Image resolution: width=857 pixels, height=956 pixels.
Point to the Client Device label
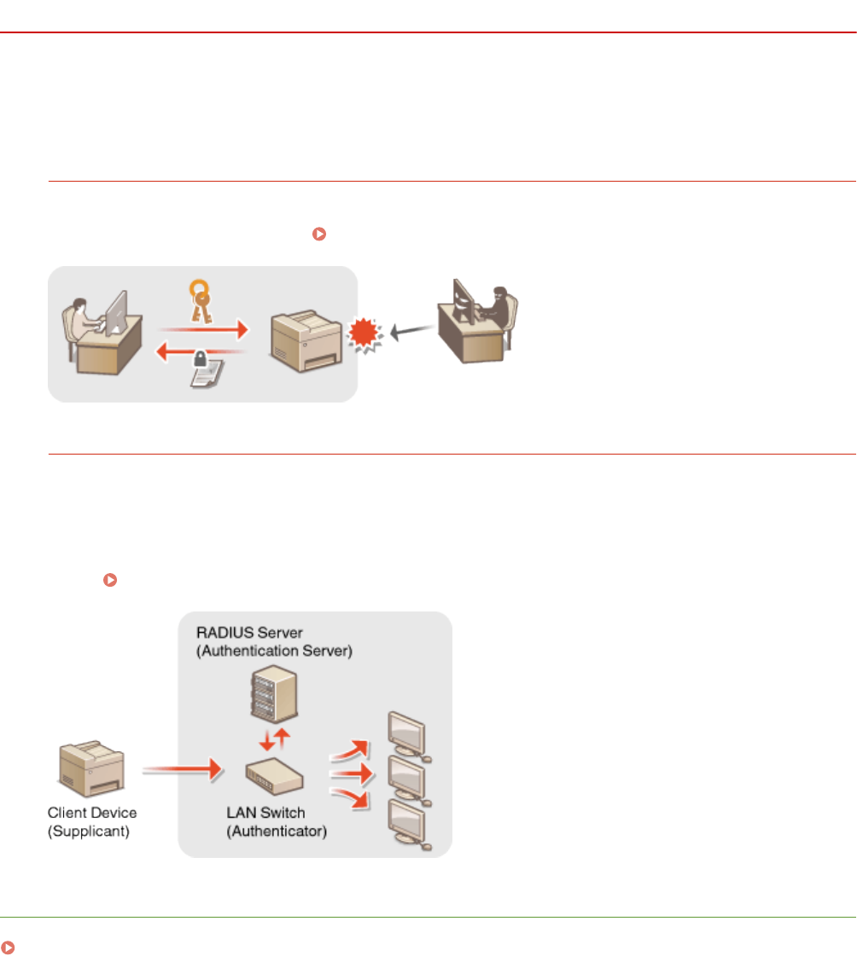pos(91,814)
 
